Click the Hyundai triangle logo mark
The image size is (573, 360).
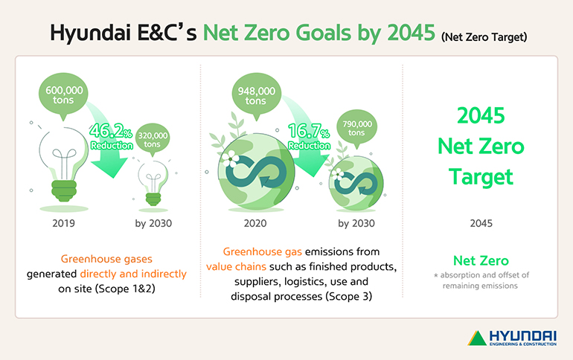point(476,337)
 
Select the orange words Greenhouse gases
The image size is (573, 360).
point(107,260)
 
